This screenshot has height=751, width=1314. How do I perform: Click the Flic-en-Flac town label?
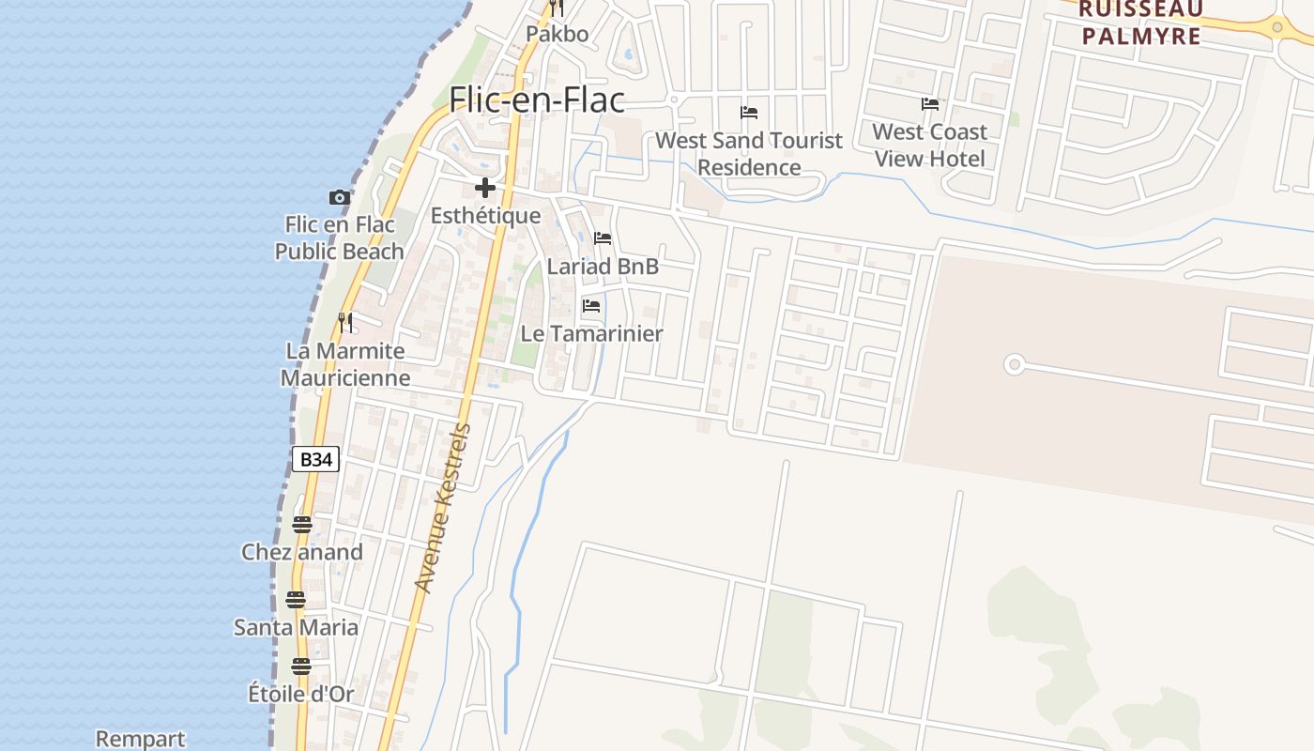click(x=537, y=100)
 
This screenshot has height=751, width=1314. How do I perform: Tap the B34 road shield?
click(x=314, y=460)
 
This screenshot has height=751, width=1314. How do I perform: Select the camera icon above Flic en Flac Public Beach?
click(x=339, y=197)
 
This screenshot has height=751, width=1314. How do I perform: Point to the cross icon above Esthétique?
click(x=484, y=188)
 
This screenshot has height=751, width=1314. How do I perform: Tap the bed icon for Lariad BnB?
click(x=603, y=238)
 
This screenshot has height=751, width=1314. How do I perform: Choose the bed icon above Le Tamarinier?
click(x=591, y=306)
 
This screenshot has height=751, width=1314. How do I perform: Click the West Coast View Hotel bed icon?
click(x=929, y=104)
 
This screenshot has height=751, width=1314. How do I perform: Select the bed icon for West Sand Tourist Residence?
click(x=749, y=113)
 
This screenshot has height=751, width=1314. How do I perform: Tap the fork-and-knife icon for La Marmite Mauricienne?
click(x=345, y=323)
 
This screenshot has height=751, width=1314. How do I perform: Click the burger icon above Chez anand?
click(x=301, y=524)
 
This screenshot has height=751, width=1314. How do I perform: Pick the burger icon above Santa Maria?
click(x=296, y=599)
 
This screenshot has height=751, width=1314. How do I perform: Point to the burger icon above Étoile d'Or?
click(x=300, y=667)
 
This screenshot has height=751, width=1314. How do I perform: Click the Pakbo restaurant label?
click(x=557, y=35)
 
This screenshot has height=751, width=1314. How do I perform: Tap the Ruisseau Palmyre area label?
click(x=1140, y=23)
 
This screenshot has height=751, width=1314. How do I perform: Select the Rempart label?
click(x=141, y=740)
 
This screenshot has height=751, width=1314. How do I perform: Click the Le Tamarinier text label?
click(x=591, y=334)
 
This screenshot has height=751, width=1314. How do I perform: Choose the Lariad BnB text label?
click(x=603, y=267)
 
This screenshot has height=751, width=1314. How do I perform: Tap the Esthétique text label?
click(x=485, y=216)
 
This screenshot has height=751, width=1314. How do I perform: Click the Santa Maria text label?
click(x=296, y=627)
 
